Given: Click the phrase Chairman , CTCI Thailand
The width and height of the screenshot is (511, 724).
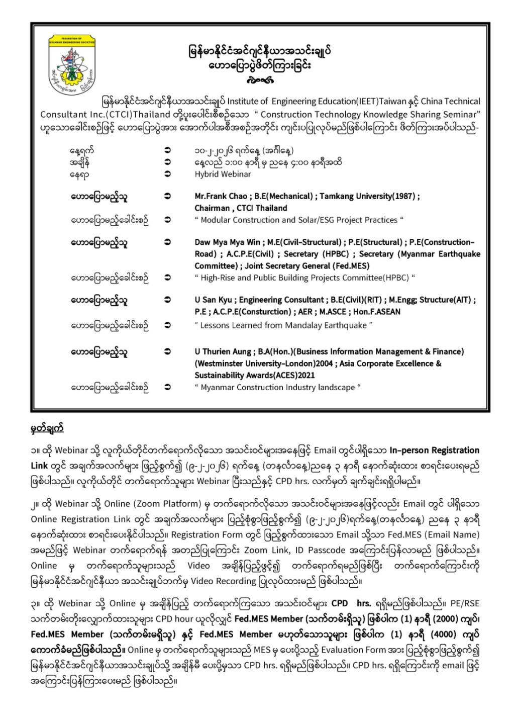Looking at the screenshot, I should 241,208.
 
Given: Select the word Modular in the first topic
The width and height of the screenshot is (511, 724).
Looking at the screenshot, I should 217,220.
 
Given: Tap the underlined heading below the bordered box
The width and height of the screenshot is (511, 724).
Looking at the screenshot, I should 47,429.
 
